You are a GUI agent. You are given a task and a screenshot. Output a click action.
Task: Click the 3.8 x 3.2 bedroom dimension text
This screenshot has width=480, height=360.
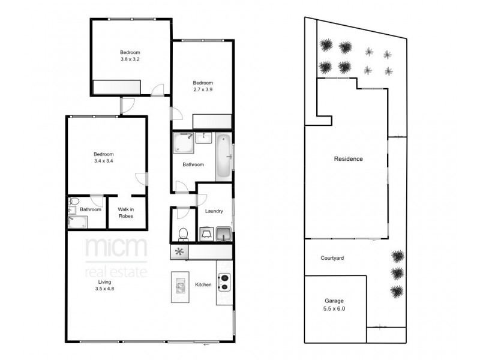point(130,59)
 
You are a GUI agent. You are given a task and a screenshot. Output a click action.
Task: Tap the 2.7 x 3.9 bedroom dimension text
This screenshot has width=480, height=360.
point(202,89)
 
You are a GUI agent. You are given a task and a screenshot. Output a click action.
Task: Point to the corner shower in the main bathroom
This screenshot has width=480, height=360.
point(182,143)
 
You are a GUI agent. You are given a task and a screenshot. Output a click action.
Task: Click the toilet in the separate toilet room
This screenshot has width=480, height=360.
point(184,233)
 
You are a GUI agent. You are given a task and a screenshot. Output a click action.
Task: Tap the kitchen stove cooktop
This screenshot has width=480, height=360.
point(223,281)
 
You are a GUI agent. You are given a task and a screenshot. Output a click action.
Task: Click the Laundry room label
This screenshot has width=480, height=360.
point(214,211)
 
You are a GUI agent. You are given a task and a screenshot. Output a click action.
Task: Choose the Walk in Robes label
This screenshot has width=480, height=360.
point(126,212)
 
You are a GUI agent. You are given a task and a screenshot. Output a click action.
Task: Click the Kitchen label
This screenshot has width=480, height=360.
point(203,284)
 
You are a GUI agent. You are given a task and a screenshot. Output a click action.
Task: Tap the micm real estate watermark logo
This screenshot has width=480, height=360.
point(115,258)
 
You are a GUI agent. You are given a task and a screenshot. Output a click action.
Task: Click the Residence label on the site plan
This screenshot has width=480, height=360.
point(349,159)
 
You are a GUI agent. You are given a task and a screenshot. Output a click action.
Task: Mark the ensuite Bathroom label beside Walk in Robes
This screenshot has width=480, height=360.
point(91,209)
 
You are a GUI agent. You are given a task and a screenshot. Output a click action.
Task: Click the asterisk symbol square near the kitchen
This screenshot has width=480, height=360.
point(179,252)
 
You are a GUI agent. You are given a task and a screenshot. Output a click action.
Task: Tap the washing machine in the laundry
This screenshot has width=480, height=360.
point(205,233)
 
